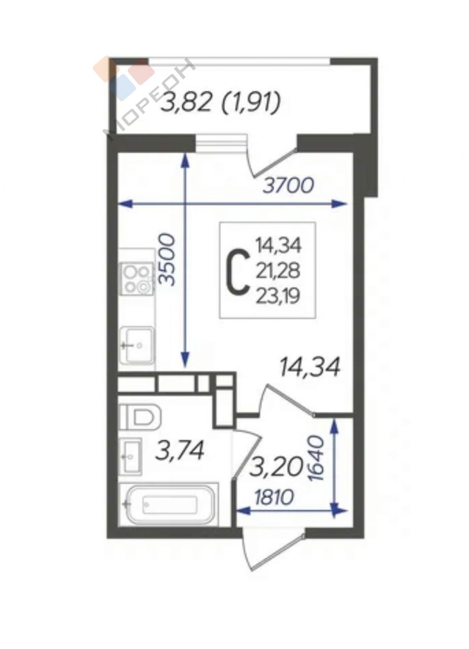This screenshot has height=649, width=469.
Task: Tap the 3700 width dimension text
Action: [x=288, y=186]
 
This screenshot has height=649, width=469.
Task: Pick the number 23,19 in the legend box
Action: [x=277, y=296]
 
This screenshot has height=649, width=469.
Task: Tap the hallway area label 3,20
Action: [x=276, y=474]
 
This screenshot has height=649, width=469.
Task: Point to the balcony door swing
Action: [x=272, y=158]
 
